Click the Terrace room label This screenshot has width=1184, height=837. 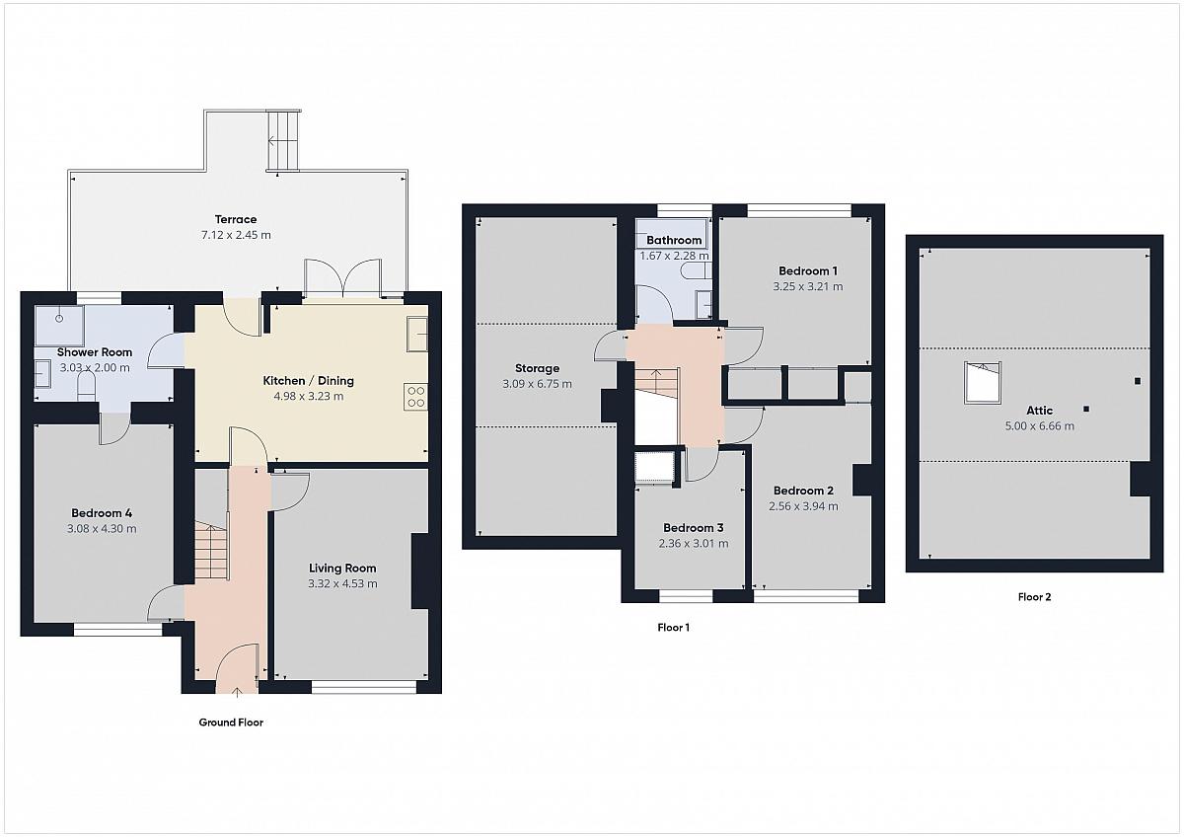(x=236, y=219)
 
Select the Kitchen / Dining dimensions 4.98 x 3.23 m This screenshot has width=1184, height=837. (x=309, y=396)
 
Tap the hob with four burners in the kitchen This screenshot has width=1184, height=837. (x=415, y=397)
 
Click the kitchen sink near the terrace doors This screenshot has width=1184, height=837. (x=417, y=334)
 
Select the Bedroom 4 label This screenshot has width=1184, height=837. (x=102, y=513)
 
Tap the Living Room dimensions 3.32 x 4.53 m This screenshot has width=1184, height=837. (x=342, y=583)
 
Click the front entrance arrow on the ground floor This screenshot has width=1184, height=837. (x=237, y=692)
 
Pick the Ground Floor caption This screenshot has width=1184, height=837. (x=231, y=723)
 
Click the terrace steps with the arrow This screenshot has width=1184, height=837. (x=284, y=140)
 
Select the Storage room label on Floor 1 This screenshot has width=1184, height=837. (x=537, y=368)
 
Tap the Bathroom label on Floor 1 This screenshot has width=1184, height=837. (x=674, y=240)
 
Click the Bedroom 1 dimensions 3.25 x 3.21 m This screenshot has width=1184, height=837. (x=808, y=286)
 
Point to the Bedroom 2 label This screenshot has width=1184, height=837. (x=803, y=491)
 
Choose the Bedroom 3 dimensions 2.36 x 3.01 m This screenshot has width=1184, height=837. (x=694, y=544)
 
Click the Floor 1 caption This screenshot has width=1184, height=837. (x=673, y=628)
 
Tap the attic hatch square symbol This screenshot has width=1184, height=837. (x=983, y=383)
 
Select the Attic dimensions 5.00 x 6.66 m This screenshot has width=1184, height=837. (x=1040, y=426)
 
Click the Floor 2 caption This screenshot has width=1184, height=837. (x=1034, y=597)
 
